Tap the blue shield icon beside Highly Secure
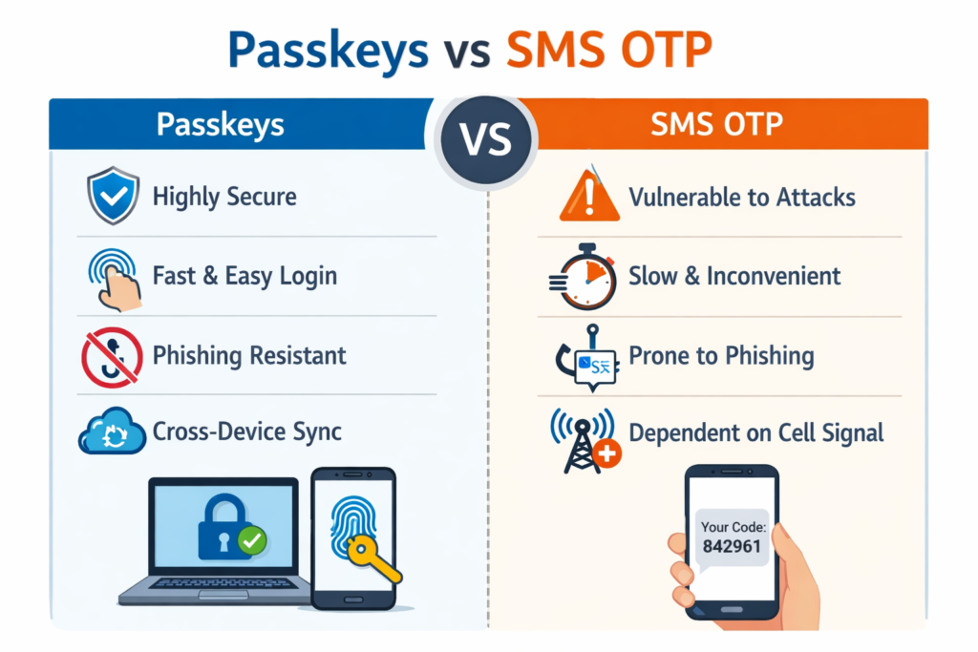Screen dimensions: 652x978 pyautogui.click(x=114, y=197)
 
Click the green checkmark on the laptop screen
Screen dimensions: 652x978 pyautogui.click(x=251, y=540)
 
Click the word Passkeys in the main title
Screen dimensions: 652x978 pyautogui.click(x=328, y=53)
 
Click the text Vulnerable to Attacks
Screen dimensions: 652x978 pyautogui.click(x=741, y=198)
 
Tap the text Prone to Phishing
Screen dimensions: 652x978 pyautogui.click(x=721, y=356)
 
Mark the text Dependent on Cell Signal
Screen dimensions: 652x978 pyautogui.click(x=755, y=432)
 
